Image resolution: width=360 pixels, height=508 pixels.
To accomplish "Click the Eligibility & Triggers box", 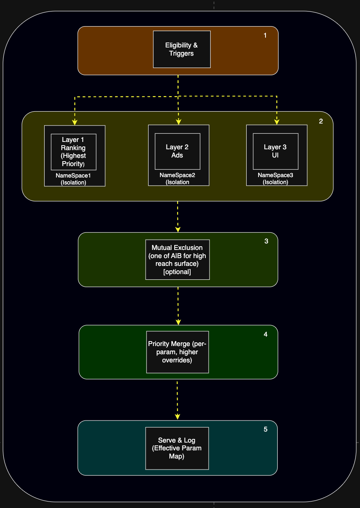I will pyautogui.click(x=182, y=49).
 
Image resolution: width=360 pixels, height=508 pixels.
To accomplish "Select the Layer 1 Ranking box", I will pyautogui.click(x=73, y=152).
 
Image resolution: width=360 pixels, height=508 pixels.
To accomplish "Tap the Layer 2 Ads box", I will pyautogui.click(x=177, y=151).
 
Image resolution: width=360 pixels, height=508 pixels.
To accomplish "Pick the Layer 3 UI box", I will pyautogui.click(x=275, y=151).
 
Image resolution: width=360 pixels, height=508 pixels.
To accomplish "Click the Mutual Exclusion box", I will pyautogui.click(x=177, y=259).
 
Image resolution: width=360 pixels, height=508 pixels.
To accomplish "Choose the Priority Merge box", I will pyautogui.click(x=177, y=352).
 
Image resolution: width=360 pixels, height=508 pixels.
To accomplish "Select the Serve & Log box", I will pyautogui.click(x=177, y=448).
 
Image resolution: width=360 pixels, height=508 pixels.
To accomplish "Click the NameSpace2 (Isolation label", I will pyautogui.click(x=178, y=179).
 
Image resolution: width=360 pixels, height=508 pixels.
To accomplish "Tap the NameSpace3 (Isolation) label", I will pyautogui.click(x=276, y=179).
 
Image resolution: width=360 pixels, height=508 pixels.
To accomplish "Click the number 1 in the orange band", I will pyautogui.click(x=265, y=36).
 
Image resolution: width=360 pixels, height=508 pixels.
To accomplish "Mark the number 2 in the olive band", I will pyautogui.click(x=321, y=121).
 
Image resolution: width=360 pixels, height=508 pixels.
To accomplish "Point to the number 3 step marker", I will pyautogui.click(x=266, y=241).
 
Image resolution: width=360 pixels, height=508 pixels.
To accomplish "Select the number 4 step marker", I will pyautogui.click(x=265, y=335).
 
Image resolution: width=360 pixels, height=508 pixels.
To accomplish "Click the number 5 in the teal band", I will pyautogui.click(x=265, y=429).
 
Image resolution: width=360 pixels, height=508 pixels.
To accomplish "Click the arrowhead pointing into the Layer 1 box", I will pyautogui.click(x=75, y=122).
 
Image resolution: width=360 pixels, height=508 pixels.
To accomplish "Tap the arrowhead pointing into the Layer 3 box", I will pyautogui.click(x=277, y=121).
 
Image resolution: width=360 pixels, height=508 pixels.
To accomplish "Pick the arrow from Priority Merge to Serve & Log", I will pyautogui.click(x=177, y=399).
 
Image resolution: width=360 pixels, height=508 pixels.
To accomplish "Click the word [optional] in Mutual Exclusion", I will pyautogui.click(x=177, y=272).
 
